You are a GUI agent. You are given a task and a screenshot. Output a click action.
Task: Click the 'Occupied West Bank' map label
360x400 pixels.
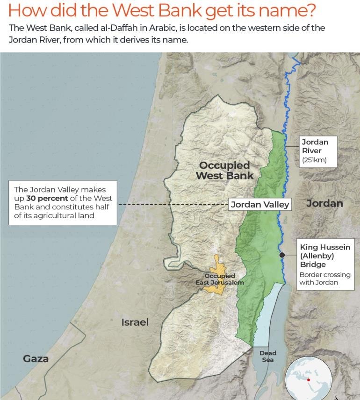coord(224,171)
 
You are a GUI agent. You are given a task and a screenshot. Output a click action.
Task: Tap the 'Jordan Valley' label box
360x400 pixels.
coord(260,205)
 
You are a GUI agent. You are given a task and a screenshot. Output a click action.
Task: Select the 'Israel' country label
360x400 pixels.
coord(135,322)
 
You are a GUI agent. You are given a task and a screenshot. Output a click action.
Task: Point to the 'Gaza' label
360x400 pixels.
coord(36,359)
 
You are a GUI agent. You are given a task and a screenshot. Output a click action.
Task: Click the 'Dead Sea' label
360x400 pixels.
coord(268,357)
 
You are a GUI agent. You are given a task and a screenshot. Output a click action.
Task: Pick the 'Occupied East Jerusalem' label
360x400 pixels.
coord(220,279)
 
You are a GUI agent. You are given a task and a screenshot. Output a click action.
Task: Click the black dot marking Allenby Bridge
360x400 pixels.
coord(282,255)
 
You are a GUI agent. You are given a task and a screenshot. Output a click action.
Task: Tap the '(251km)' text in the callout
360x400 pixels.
coord(314,160)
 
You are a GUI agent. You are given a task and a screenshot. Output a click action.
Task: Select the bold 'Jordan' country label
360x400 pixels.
coord(324,203)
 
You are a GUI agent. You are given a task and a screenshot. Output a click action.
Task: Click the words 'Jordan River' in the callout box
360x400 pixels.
coord(315,146)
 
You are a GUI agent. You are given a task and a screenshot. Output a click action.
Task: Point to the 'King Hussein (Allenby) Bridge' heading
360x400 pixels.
coord(324,256)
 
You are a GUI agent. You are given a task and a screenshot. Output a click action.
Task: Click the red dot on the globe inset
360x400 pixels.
coord(309,379)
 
